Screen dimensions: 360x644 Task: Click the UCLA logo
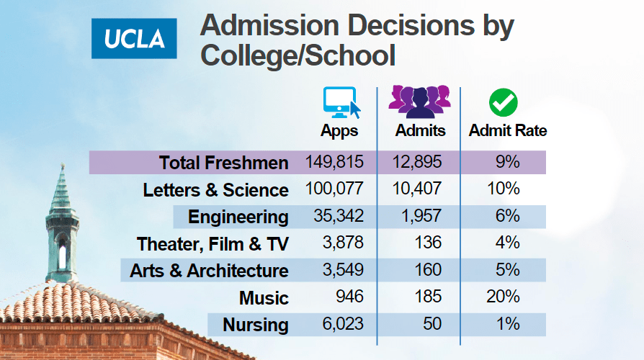tap(134, 38)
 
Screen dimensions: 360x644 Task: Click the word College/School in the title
tap(298, 55)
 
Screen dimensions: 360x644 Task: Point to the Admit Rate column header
tap(508, 131)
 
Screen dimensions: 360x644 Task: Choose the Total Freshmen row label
tap(224, 163)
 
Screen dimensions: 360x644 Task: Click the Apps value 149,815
tap(334, 162)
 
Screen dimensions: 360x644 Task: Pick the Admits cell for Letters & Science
tap(419, 189)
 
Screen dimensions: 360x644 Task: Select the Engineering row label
tap(238, 217)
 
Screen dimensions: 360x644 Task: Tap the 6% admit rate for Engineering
tap(507, 216)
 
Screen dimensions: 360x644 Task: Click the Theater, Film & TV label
tap(213, 244)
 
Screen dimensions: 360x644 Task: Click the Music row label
tap(265, 298)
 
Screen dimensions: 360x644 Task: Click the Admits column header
tap(421, 131)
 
